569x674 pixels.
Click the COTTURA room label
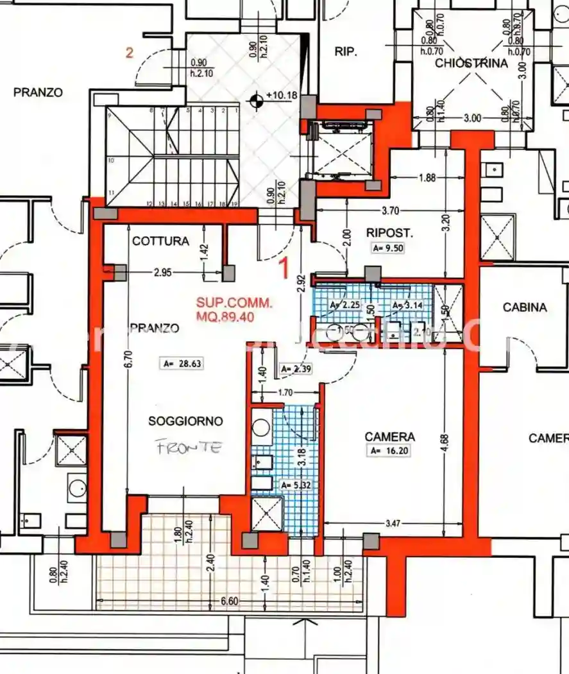[x=160, y=241]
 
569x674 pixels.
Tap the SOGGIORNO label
[x=185, y=422]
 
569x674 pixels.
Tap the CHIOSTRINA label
[x=471, y=63]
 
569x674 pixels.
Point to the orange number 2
[x=129, y=53]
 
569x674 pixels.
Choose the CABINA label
[x=524, y=307]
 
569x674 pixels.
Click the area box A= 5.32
[x=298, y=485]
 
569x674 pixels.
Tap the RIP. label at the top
[x=346, y=53]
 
